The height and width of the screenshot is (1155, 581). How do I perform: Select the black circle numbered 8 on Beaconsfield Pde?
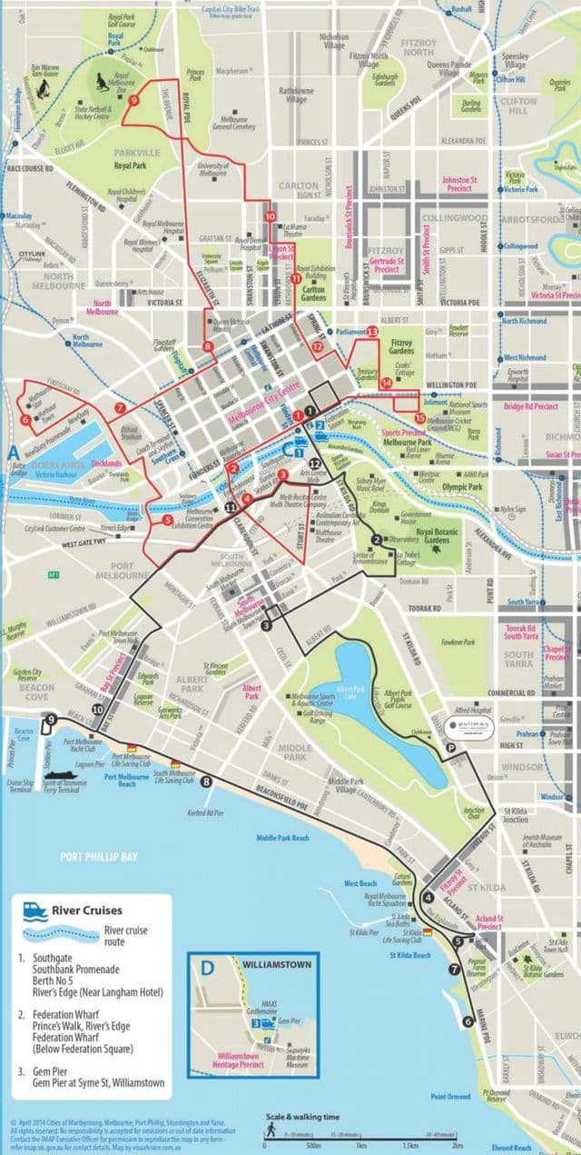207,782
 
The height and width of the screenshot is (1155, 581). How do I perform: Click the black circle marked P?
450,747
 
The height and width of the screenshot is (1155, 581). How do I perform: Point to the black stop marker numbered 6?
468,1021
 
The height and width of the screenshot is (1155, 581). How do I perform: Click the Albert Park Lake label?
350,692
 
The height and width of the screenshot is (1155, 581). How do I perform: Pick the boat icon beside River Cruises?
34,910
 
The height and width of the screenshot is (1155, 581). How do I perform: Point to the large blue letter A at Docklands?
14,452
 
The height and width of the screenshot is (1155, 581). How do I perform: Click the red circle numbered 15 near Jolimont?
419,418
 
